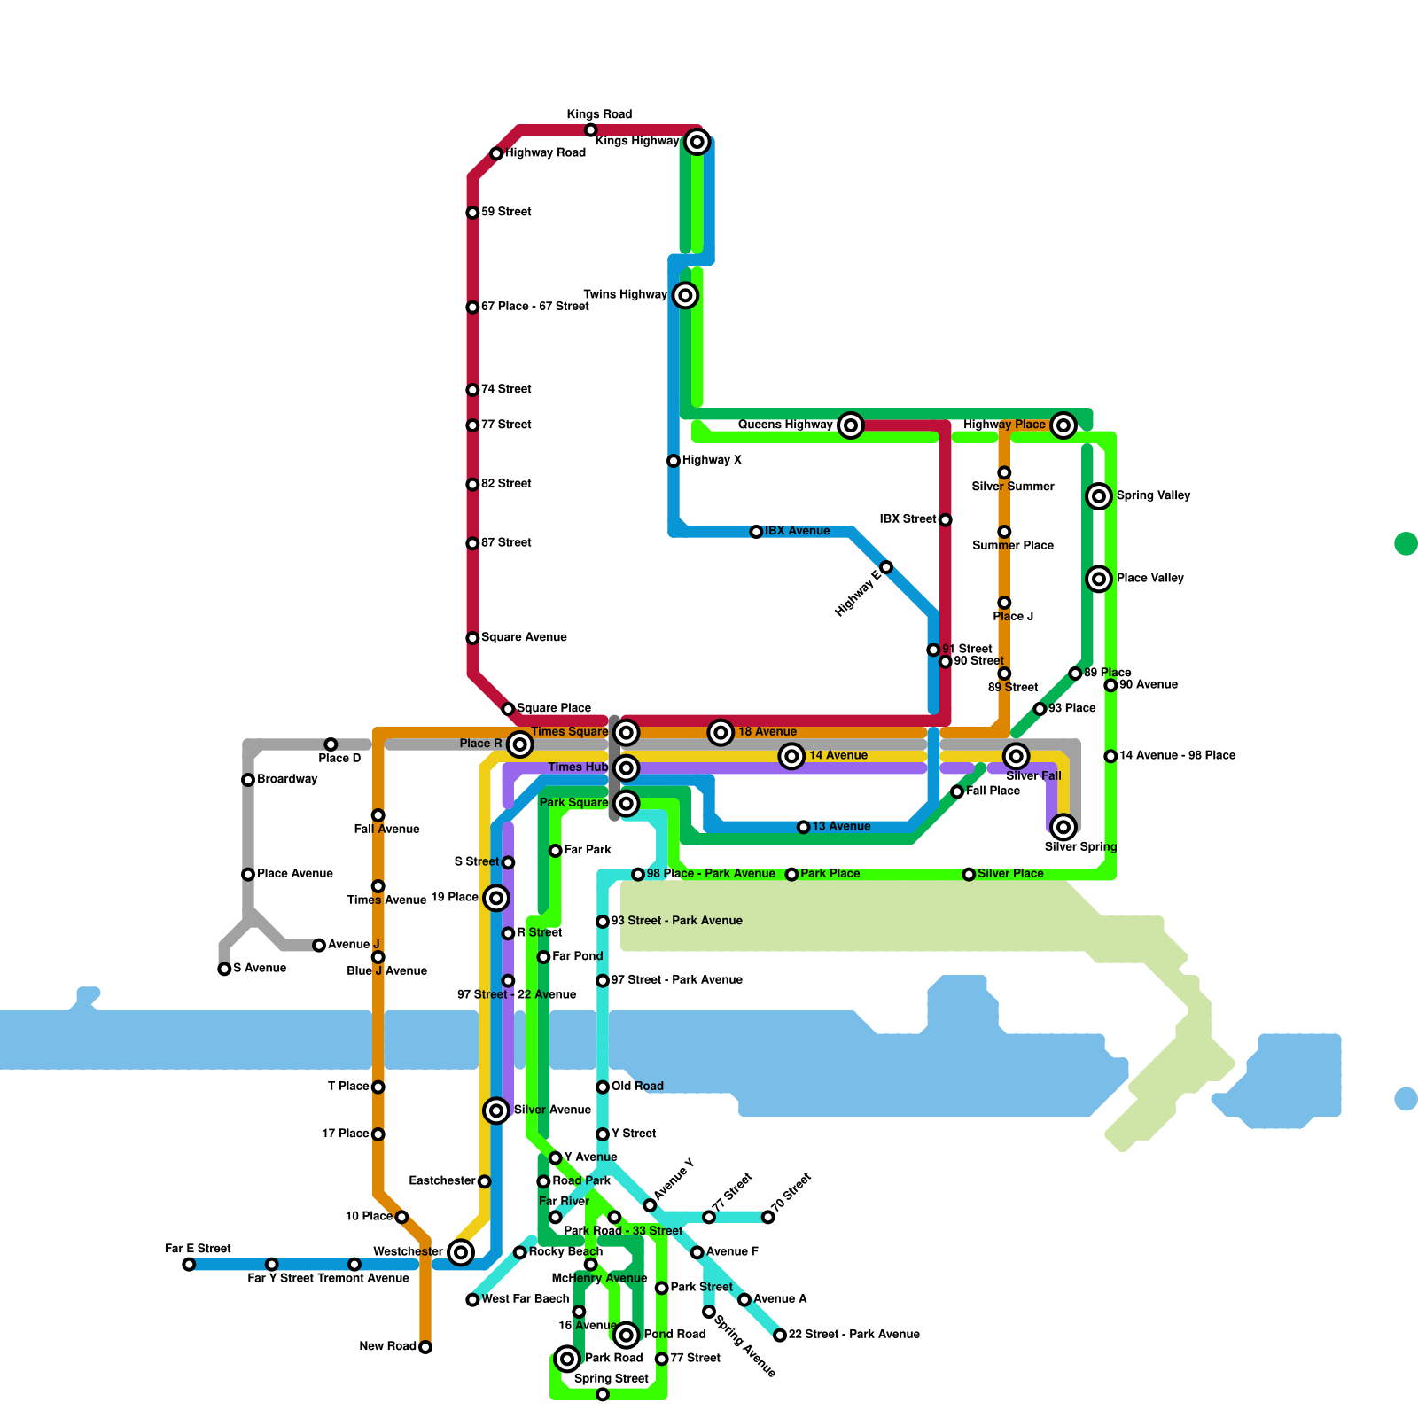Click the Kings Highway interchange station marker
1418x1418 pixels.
pyautogui.click(x=697, y=142)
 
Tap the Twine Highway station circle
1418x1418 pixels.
pyautogui.click(x=685, y=295)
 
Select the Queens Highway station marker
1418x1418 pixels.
pyautogui.click(x=851, y=425)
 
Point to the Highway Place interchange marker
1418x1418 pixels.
pyautogui.click(x=1063, y=425)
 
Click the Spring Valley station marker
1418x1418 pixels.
pyautogui.click(x=1099, y=496)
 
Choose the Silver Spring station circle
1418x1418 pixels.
pyautogui.click(x=1063, y=827)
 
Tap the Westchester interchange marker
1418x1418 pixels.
pyautogui.click(x=460, y=1251)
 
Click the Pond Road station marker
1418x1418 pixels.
pyautogui.click(x=627, y=1334)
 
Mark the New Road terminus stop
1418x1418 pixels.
pyautogui.click(x=425, y=1347)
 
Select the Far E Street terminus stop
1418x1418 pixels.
pyautogui.click(x=189, y=1264)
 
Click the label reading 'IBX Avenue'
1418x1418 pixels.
pyautogui.click(x=797, y=531)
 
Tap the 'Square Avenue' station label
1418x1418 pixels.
pyautogui.click(x=524, y=637)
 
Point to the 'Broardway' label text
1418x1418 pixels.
pyautogui.click(x=287, y=779)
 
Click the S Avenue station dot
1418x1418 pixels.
pyautogui.click(x=224, y=969)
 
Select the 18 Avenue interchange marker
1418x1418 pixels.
pyautogui.click(x=721, y=732)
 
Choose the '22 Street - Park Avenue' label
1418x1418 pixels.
pyautogui.click(x=853, y=1334)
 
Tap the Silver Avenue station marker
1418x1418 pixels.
pyautogui.click(x=496, y=1110)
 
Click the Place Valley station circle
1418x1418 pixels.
pyautogui.click(x=1099, y=579)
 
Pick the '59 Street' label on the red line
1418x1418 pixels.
pyautogui.click(x=506, y=212)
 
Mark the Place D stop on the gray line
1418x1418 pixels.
pyautogui.click(x=331, y=744)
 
